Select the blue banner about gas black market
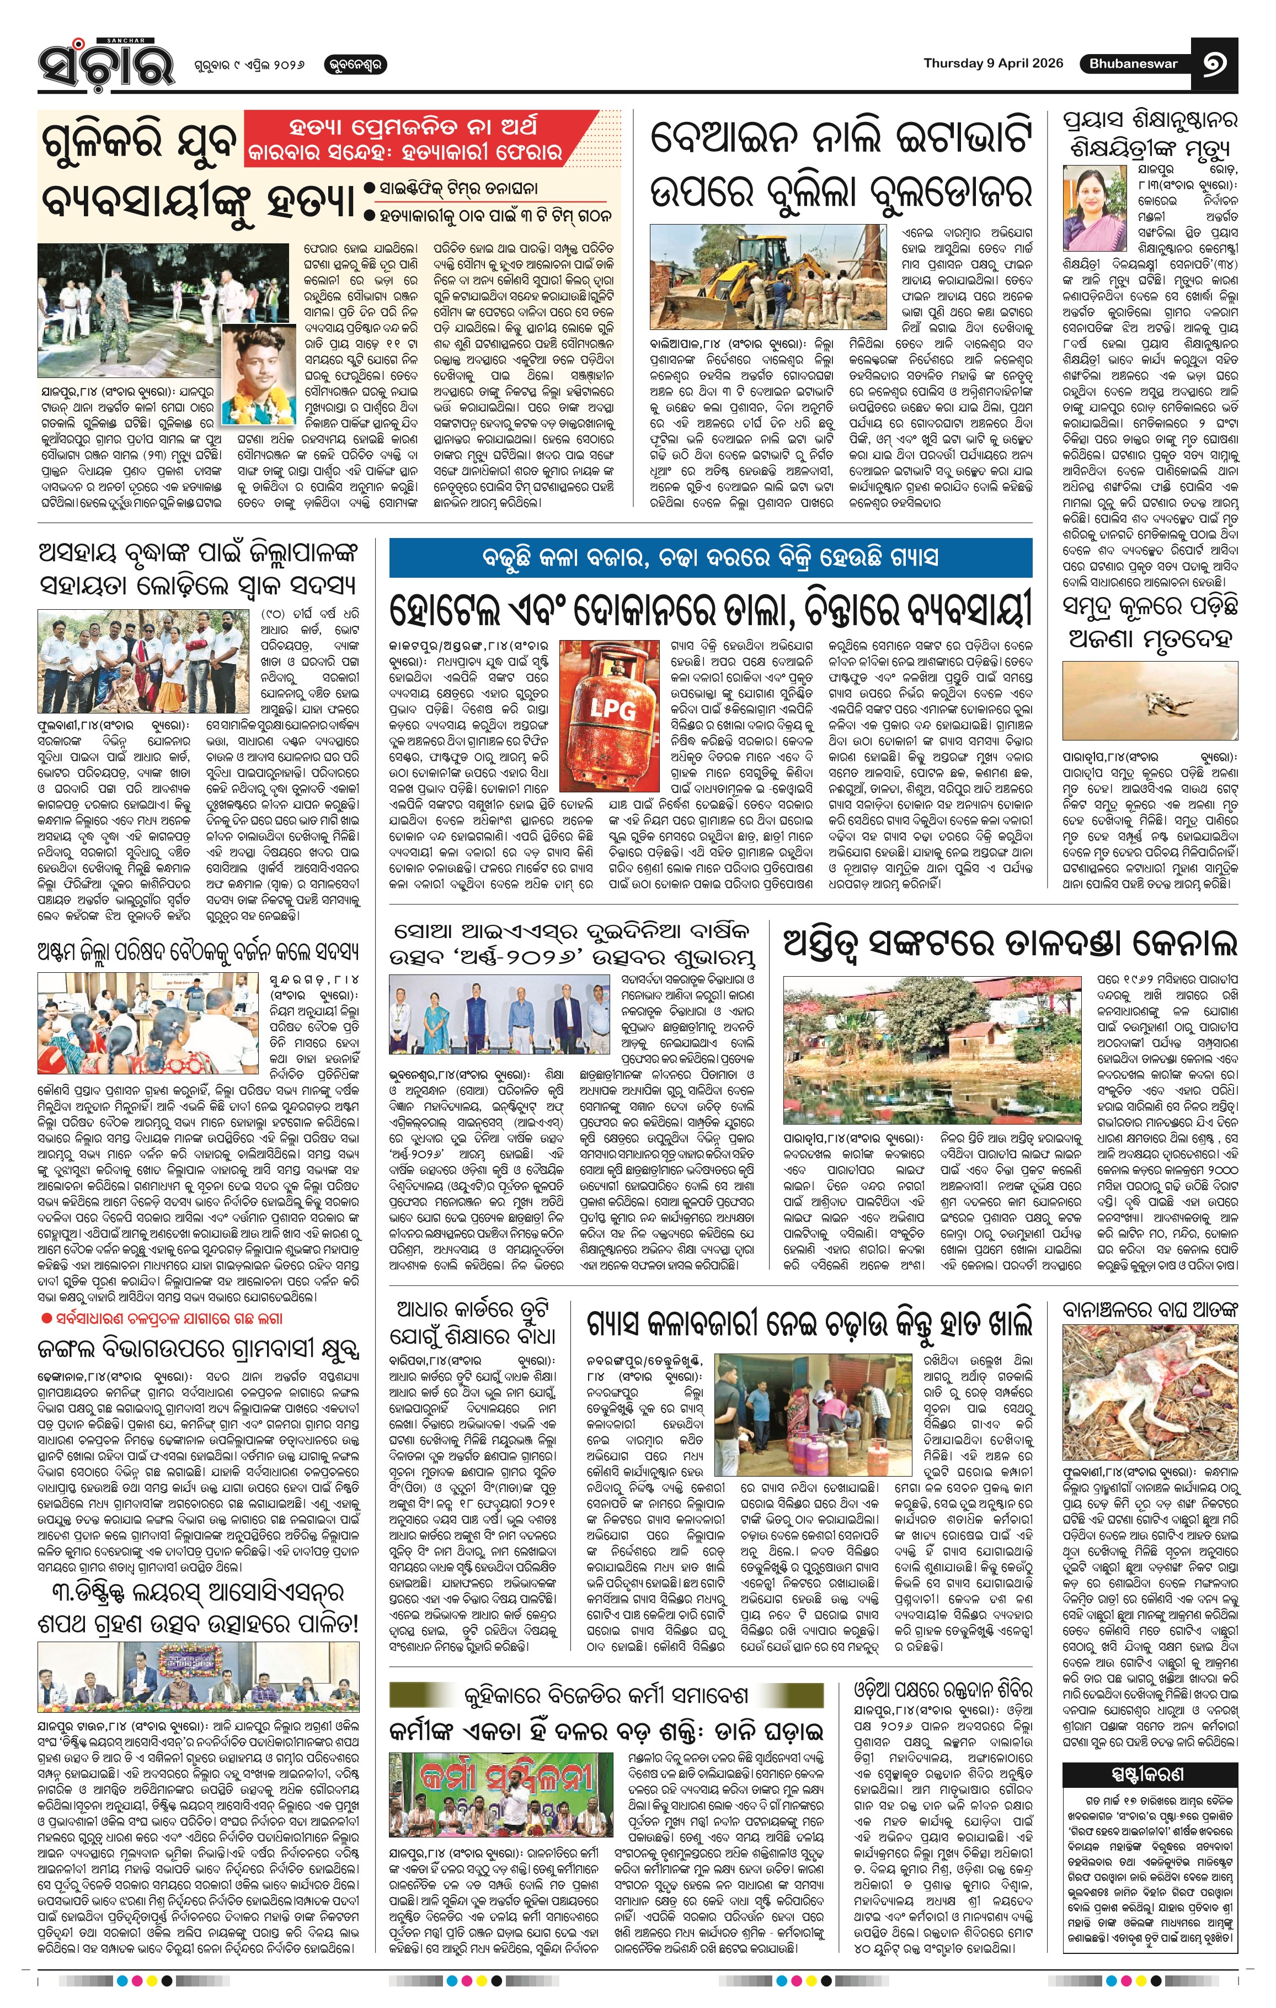pos(710,557)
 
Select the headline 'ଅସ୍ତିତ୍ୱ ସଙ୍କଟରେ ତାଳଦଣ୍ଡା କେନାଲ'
pos(1010,945)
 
